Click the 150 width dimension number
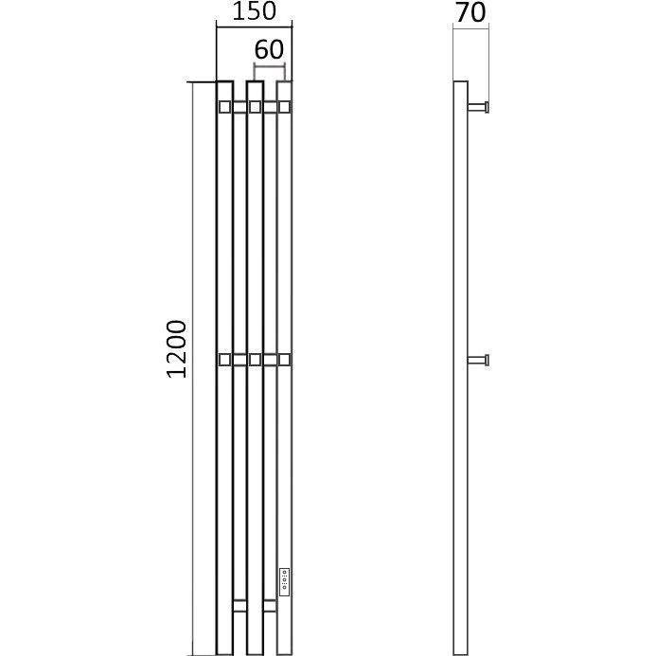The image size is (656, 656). pyautogui.click(x=254, y=11)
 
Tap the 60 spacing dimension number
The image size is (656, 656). pyautogui.click(x=269, y=49)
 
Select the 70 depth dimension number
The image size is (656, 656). pyautogui.click(x=470, y=12)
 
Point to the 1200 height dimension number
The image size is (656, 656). pyautogui.click(x=177, y=349)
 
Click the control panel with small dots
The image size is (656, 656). pyautogui.click(x=285, y=582)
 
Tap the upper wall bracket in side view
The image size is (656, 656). pyautogui.click(x=478, y=107)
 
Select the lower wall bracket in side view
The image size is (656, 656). pyautogui.click(x=478, y=360)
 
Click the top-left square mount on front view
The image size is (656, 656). pyautogui.click(x=224, y=107)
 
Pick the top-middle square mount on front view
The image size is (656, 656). pyautogui.click(x=255, y=107)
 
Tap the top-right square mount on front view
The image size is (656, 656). pyautogui.click(x=285, y=107)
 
